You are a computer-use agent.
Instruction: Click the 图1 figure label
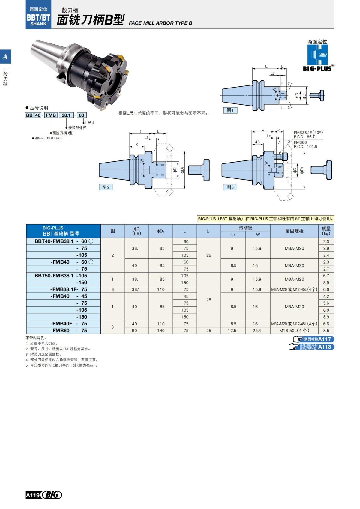pyautogui.click(x=230, y=110)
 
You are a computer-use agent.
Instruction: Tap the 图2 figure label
pyautogui.click(x=106, y=187)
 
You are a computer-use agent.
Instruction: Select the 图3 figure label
pyautogui.click(x=230, y=187)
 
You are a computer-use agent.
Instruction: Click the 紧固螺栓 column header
pyautogui.click(x=294, y=231)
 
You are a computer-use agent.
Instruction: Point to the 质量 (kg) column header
pyautogui.click(x=326, y=231)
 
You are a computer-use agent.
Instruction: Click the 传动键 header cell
pyautogui.click(x=245, y=228)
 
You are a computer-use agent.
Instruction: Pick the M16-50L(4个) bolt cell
pyautogui.click(x=294, y=331)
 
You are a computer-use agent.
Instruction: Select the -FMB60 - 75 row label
pyautogui.click(x=69, y=331)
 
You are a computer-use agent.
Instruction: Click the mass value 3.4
pyautogui.click(x=326, y=255)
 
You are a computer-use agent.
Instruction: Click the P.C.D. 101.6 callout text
pyautogui.click(x=305, y=147)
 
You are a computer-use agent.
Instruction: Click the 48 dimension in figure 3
pyautogui.click(x=257, y=142)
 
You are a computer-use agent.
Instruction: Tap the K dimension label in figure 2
pyautogui.click(x=137, y=145)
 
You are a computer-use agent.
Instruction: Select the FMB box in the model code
pyautogui.click(x=51, y=115)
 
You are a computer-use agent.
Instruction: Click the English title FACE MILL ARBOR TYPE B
pyautogui.click(x=160, y=23)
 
